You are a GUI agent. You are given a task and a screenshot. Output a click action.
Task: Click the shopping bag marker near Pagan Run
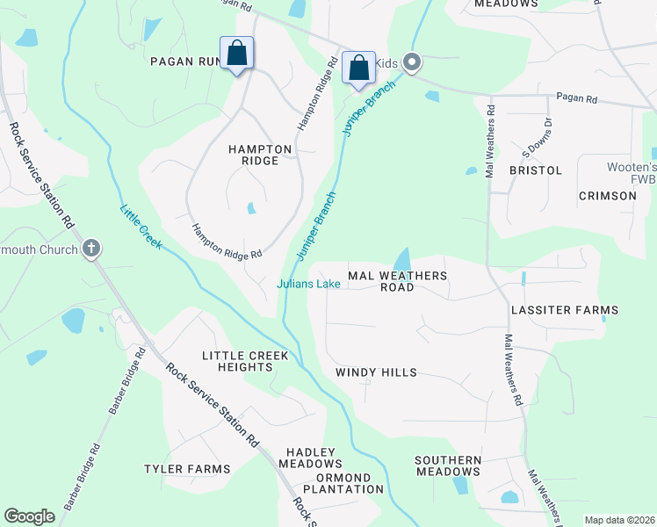(236, 54)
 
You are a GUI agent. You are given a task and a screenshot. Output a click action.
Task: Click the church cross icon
(91, 249)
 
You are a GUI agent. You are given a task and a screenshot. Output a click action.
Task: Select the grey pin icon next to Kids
(413, 61)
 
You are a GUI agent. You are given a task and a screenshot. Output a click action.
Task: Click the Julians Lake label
(308, 284)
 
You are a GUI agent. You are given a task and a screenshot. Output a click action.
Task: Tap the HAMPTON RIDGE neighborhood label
(253, 155)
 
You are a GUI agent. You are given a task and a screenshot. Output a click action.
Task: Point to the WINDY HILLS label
(376, 372)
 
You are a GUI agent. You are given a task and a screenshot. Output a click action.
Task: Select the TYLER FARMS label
(187, 469)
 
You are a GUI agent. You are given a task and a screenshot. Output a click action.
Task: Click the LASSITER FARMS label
(566, 310)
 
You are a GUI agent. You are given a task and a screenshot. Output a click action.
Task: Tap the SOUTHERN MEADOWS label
(448, 466)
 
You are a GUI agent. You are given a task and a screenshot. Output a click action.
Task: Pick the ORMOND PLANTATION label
(337, 483)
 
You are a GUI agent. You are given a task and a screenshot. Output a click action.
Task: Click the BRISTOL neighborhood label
(535, 170)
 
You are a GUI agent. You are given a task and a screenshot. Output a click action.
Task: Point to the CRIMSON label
(607, 195)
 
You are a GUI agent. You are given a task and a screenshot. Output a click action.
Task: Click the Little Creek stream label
(141, 226)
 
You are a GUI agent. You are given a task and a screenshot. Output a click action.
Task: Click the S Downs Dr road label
(536, 136)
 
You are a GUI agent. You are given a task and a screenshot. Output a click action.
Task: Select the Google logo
(29, 516)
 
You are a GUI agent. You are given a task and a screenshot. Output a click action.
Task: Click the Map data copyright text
(618, 520)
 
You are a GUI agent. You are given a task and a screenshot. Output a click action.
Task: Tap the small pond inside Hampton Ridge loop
(251, 208)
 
